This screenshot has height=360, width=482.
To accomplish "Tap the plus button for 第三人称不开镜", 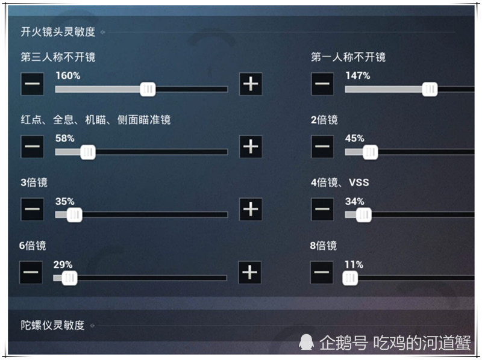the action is click(x=251, y=84).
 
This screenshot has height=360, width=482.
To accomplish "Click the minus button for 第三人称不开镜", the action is click(x=33, y=84).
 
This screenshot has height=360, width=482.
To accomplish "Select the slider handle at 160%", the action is click(x=148, y=89).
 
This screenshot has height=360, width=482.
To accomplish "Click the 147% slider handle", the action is click(x=430, y=89).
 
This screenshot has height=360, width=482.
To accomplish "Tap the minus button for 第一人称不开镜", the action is click(x=322, y=84).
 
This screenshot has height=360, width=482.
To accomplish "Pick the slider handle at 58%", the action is click(x=88, y=152).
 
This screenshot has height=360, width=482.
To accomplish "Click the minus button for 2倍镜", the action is click(x=322, y=146).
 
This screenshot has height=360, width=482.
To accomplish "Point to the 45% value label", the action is click(x=354, y=138).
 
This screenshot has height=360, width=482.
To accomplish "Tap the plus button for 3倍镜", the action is click(x=251, y=209).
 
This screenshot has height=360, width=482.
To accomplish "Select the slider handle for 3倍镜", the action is click(x=74, y=215).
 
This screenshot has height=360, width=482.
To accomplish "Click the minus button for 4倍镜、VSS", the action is click(x=322, y=209).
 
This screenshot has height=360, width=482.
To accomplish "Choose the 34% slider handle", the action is click(x=364, y=215).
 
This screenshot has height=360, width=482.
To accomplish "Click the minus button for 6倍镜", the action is click(x=31, y=273).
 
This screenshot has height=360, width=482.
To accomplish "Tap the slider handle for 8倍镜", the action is click(x=350, y=278).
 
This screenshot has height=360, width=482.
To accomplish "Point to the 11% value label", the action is click(x=354, y=264).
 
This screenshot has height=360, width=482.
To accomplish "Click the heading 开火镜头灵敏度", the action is click(x=58, y=32).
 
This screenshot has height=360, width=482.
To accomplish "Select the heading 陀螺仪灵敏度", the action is click(x=52, y=325).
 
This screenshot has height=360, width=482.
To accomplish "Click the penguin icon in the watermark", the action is click(x=306, y=342).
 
